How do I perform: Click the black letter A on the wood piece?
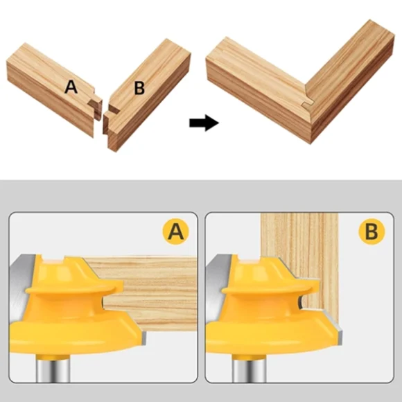point(71,87)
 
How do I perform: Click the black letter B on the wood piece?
point(139,88)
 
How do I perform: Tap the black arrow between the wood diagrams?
point(204,123)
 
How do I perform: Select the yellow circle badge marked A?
point(175,231)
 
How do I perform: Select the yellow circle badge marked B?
point(372,231)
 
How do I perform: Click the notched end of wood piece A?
point(96,109)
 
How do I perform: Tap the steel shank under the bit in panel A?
point(53,370)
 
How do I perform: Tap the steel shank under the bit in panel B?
point(250,370)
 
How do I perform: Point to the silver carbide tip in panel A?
point(143,337)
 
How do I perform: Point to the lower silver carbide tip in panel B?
point(339,335)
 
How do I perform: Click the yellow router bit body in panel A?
point(72,308)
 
